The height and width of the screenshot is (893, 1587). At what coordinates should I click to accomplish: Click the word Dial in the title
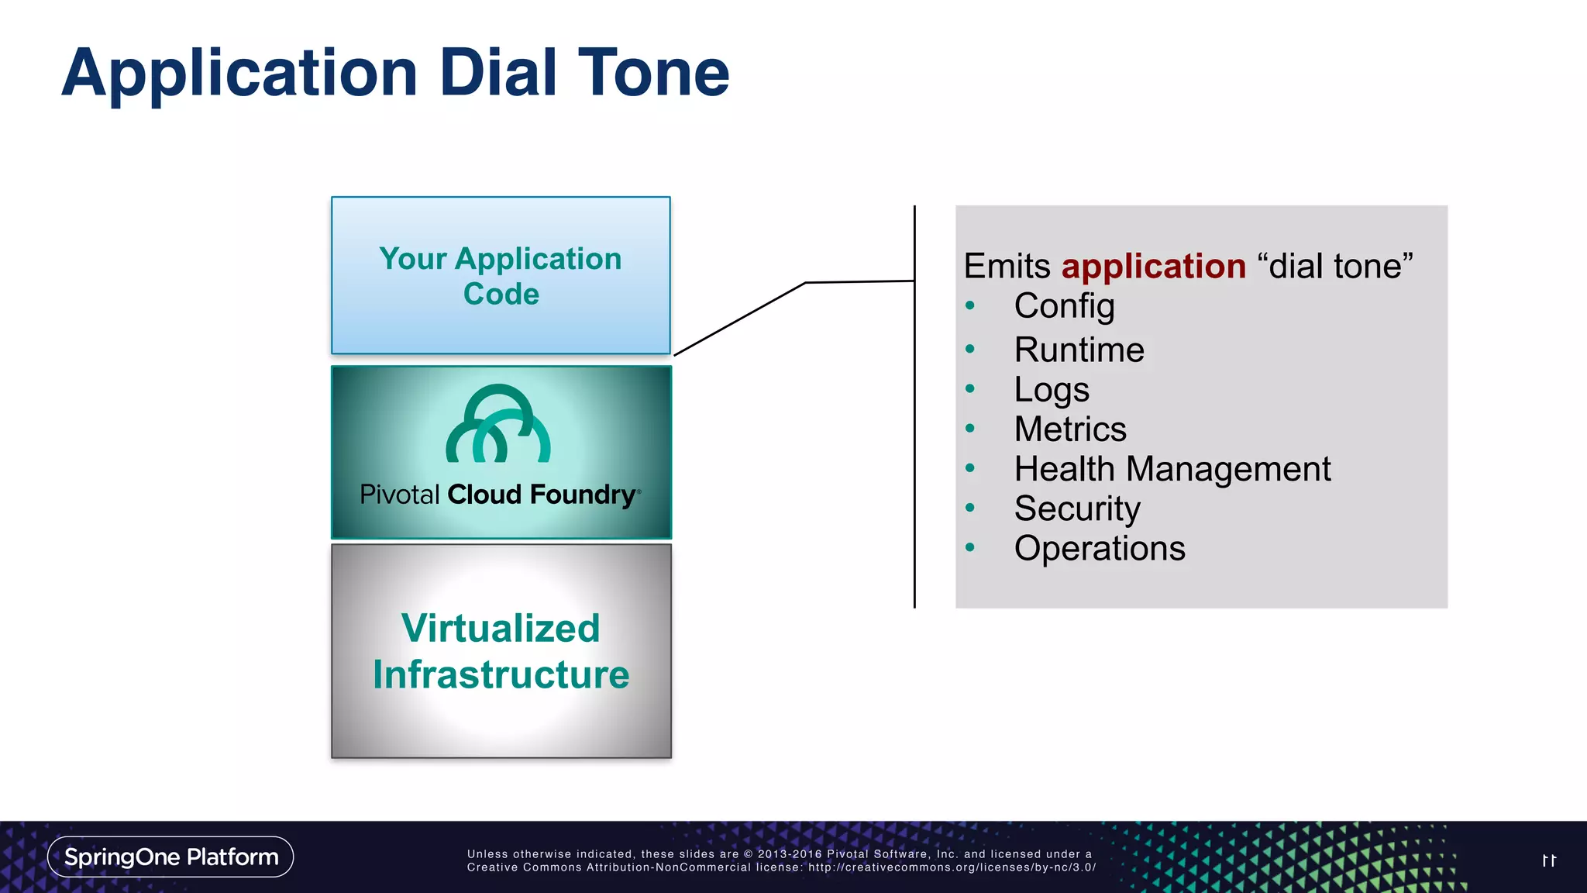(498, 73)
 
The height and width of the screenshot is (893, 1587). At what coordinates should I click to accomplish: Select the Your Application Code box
(501, 276)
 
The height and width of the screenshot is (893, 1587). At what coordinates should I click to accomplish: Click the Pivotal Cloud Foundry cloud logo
(498, 424)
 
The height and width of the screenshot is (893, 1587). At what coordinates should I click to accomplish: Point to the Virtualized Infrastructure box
(501, 651)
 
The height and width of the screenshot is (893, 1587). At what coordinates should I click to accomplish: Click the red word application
(1153, 266)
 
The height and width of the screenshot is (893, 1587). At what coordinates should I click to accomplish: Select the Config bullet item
(1064, 306)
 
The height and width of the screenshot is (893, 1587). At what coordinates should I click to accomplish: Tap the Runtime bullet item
(1079, 350)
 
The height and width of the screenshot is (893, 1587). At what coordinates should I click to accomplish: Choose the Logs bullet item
(1052, 390)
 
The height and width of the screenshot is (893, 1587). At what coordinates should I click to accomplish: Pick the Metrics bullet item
(1069, 429)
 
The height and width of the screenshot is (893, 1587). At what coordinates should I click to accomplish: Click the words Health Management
(1172, 469)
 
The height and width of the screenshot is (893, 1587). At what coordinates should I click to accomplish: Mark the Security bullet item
(1077, 509)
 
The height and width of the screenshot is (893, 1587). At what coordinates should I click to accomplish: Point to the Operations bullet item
(1099, 549)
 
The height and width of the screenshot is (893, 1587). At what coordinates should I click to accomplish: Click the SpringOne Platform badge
(170, 857)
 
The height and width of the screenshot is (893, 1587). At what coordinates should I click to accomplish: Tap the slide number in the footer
(1549, 860)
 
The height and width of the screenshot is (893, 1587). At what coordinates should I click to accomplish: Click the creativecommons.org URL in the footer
(952, 867)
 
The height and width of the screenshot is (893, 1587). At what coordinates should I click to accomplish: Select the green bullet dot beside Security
(970, 509)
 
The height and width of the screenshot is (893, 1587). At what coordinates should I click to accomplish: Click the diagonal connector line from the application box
(740, 319)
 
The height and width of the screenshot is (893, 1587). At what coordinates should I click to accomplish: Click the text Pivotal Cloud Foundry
(500, 495)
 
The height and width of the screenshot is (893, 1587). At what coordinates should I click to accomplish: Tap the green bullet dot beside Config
(970, 306)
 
